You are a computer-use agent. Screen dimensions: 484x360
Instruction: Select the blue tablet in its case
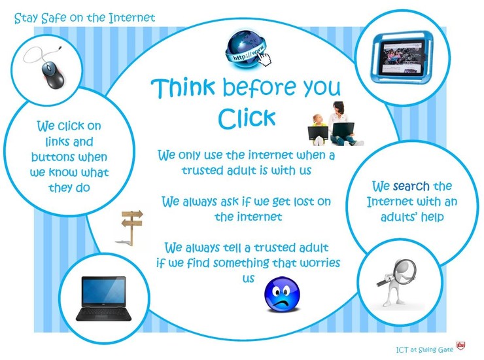402,56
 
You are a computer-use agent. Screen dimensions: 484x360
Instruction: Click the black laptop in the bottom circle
104,299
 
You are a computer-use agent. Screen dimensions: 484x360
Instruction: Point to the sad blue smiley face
282,295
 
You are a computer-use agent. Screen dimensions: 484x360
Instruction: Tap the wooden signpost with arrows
132,228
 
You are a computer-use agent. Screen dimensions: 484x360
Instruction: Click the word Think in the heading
182,88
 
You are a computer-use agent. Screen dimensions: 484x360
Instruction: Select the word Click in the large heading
247,118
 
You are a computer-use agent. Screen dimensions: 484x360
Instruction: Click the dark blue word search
411,187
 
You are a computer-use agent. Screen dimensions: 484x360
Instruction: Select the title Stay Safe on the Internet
84,18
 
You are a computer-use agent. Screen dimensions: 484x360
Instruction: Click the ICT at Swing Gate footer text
424,350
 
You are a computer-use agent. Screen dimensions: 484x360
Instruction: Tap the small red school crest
460,346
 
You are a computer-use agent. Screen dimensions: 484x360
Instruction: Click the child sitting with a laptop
318,130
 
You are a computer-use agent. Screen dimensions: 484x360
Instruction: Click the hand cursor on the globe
264,59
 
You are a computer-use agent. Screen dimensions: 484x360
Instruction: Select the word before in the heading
258,88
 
